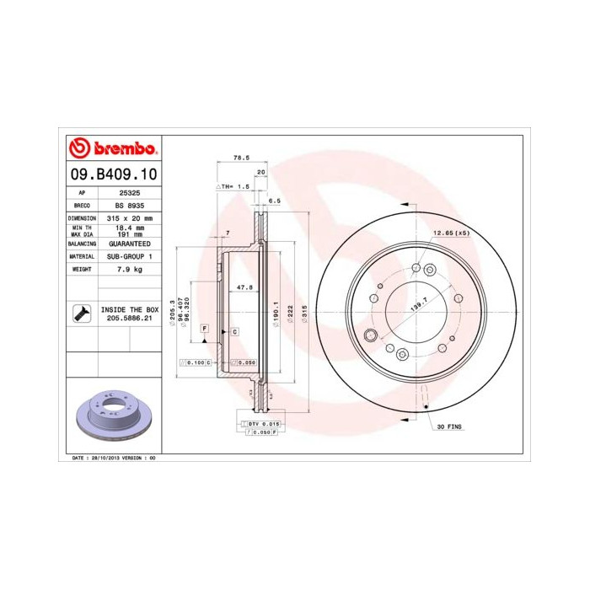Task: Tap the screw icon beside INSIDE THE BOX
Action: [80, 314]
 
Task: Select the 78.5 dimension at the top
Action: [242, 158]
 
